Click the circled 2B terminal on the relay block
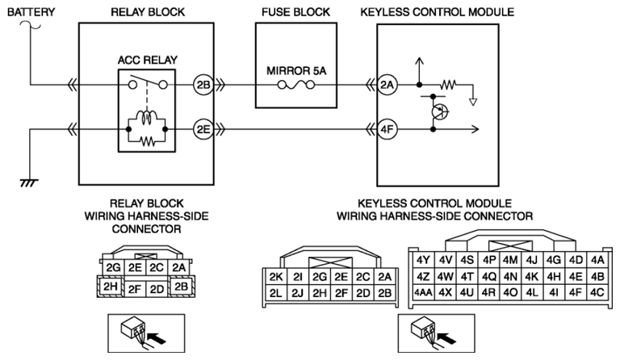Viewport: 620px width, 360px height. click(x=203, y=84)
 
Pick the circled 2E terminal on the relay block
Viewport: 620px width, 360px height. click(x=203, y=128)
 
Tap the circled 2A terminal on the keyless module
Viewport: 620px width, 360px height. click(x=387, y=84)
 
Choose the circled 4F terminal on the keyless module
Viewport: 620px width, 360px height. click(x=387, y=128)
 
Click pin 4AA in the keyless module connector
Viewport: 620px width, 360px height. click(x=423, y=291)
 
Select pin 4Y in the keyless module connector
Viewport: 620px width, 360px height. click(x=423, y=260)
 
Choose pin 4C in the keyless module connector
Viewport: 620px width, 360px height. click(x=597, y=291)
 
